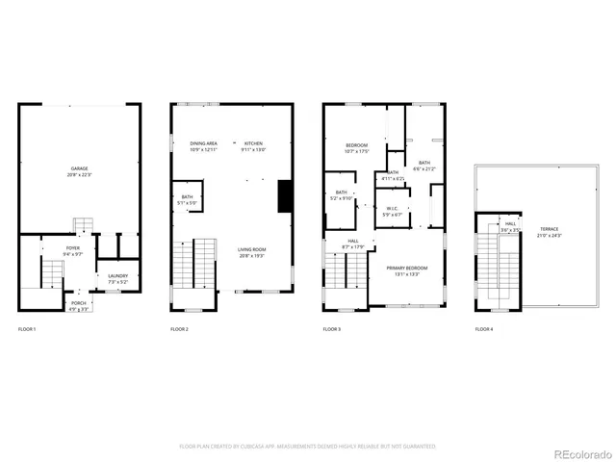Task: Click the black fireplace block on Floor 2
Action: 284,196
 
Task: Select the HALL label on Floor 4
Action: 510,226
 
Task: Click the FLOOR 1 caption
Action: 27,330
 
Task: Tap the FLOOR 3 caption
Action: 332,330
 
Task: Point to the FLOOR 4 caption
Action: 483,330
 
